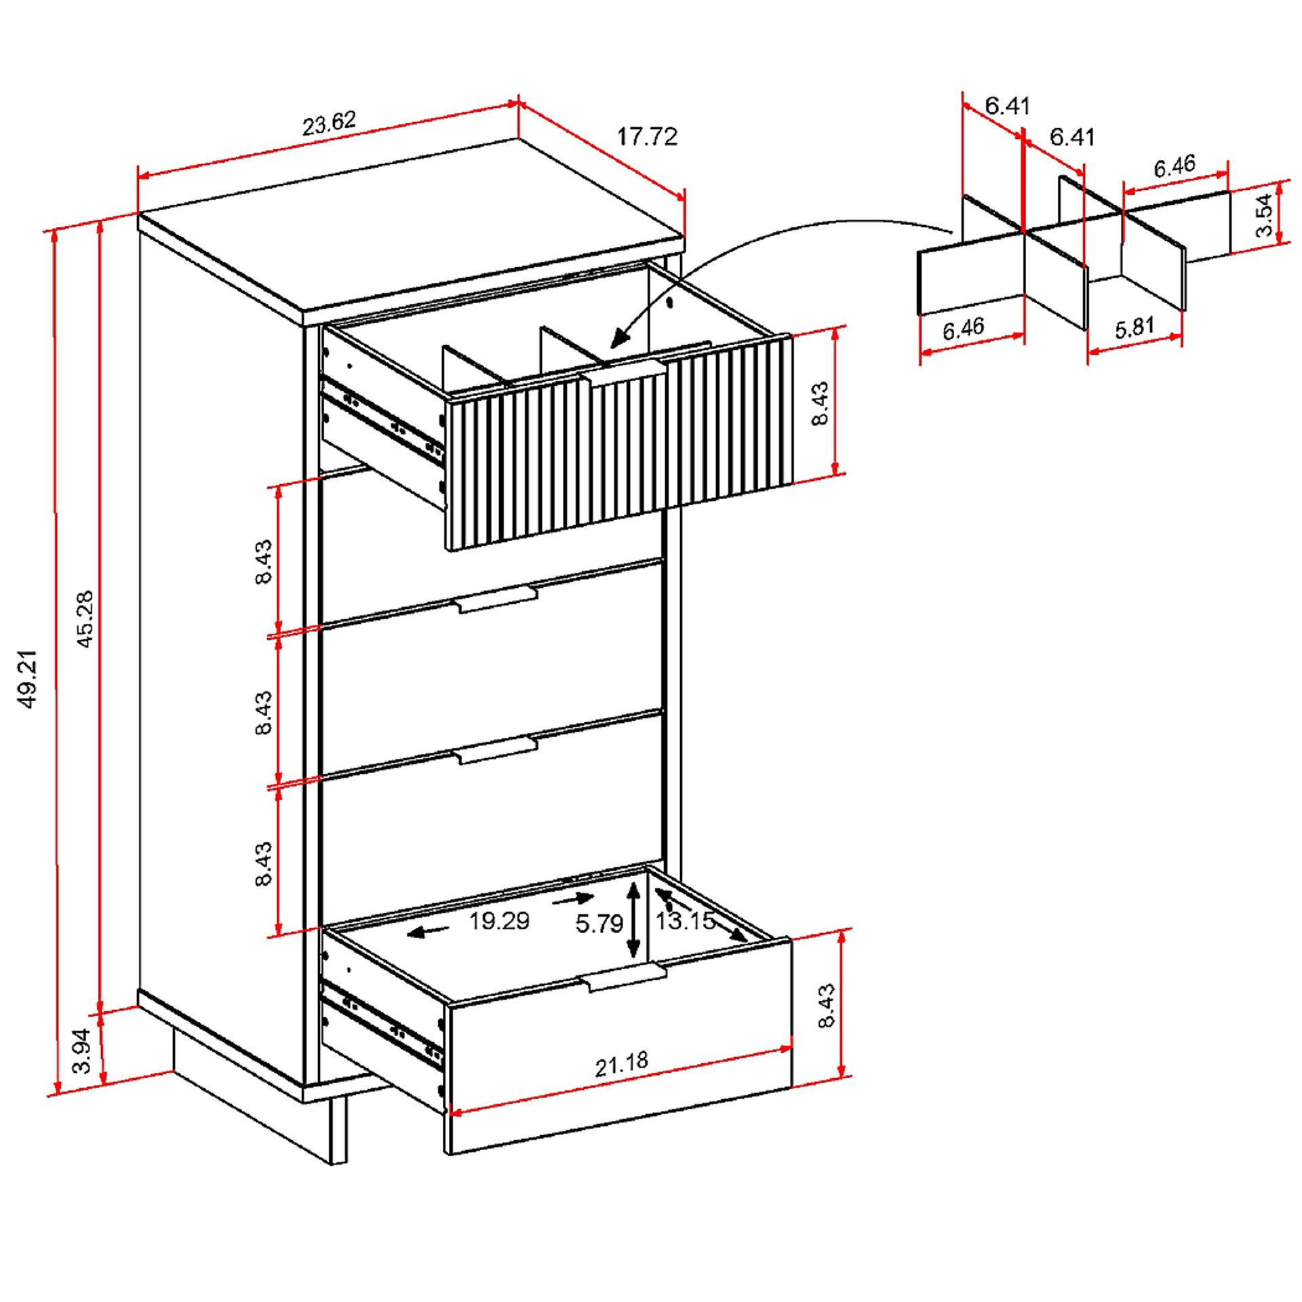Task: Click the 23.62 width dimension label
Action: click(x=329, y=123)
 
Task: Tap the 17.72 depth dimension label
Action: click(x=646, y=137)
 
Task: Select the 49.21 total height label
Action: click(x=28, y=679)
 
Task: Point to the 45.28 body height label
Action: click(x=85, y=618)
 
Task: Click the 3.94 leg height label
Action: click(x=82, y=1050)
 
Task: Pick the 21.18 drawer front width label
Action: click(x=621, y=1064)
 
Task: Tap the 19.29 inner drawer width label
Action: click(x=499, y=921)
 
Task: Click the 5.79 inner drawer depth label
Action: click(x=599, y=924)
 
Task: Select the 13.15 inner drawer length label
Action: click(x=685, y=921)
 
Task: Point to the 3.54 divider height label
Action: click(x=1263, y=215)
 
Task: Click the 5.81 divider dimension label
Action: click(x=1135, y=328)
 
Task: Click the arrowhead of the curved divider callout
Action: click(x=618, y=338)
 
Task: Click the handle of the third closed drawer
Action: click(x=497, y=751)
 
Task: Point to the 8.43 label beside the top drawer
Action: click(x=820, y=403)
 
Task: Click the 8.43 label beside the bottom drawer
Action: click(x=827, y=1006)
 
